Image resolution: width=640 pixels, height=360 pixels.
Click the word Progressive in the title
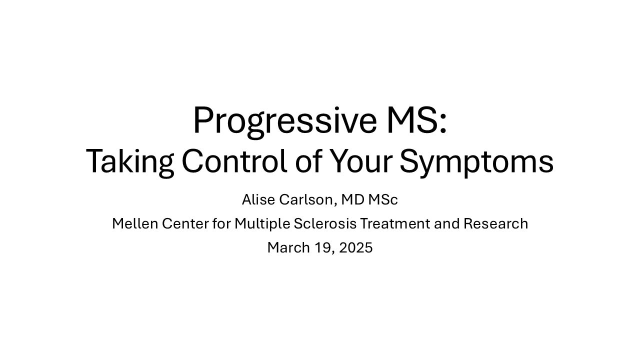[285, 122]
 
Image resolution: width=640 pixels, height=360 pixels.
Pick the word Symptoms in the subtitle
[476, 162]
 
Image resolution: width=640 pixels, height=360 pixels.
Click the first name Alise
[258, 199]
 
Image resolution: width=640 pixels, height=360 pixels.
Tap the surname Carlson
[306, 200]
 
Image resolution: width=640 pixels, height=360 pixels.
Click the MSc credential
[383, 199]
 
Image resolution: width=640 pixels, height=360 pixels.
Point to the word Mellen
[135, 223]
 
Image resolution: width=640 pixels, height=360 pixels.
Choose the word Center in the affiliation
[185, 223]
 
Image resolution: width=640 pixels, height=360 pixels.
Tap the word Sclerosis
[325, 223]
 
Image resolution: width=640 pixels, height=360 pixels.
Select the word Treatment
[395, 223]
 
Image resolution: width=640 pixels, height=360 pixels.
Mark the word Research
[495, 223]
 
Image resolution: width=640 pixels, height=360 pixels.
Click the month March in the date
[288, 247]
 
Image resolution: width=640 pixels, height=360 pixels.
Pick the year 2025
[355, 247]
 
